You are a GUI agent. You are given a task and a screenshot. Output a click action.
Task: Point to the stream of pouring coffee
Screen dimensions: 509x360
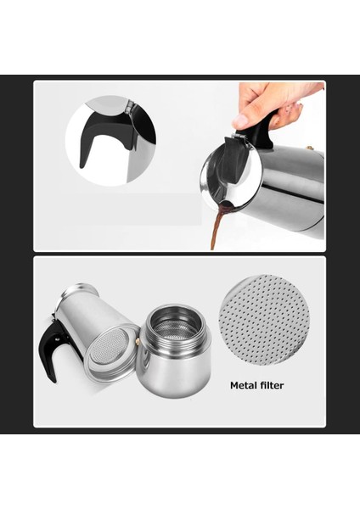(217, 230)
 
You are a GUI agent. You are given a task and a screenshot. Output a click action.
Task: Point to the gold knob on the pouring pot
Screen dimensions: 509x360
(310, 149)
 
